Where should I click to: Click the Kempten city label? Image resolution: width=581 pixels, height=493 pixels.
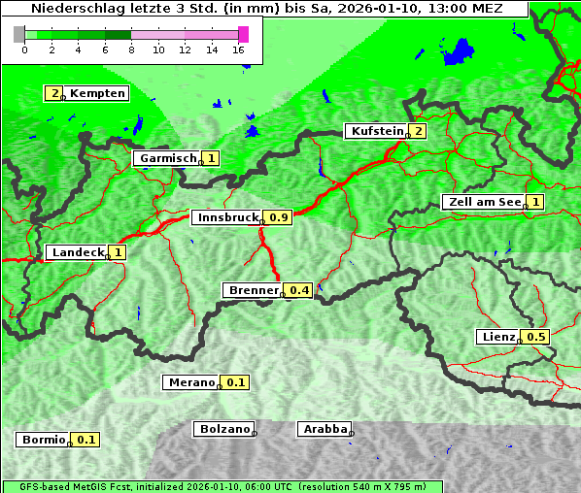(x=97, y=93)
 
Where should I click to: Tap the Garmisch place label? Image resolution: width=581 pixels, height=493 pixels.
(x=167, y=158)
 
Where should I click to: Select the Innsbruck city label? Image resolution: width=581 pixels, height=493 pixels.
(x=227, y=217)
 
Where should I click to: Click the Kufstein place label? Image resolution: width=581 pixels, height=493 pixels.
(x=376, y=131)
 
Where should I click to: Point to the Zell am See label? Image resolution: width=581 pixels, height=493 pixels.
(x=483, y=202)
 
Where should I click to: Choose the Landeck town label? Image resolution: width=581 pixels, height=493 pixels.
(x=78, y=252)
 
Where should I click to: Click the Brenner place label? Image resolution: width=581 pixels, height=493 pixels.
(x=253, y=290)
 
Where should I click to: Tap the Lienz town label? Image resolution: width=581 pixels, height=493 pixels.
(x=498, y=337)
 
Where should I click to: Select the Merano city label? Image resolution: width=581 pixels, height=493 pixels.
(x=190, y=382)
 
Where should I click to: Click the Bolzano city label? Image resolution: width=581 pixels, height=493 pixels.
(x=224, y=428)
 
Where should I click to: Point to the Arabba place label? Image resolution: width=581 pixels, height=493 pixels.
(x=325, y=428)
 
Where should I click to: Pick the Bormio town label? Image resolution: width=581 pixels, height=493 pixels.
(x=43, y=440)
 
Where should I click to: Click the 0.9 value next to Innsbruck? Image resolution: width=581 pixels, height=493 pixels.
(x=279, y=217)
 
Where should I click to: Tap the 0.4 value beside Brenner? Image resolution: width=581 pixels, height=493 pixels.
(x=300, y=290)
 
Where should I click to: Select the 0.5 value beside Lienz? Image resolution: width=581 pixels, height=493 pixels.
(x=536, y=337)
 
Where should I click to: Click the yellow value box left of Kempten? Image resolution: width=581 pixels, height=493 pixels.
(x=55, y=93)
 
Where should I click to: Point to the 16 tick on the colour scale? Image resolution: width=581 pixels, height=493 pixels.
(x=239, y=49)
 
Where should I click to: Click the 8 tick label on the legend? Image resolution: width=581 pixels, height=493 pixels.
(x=131, y=49)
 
